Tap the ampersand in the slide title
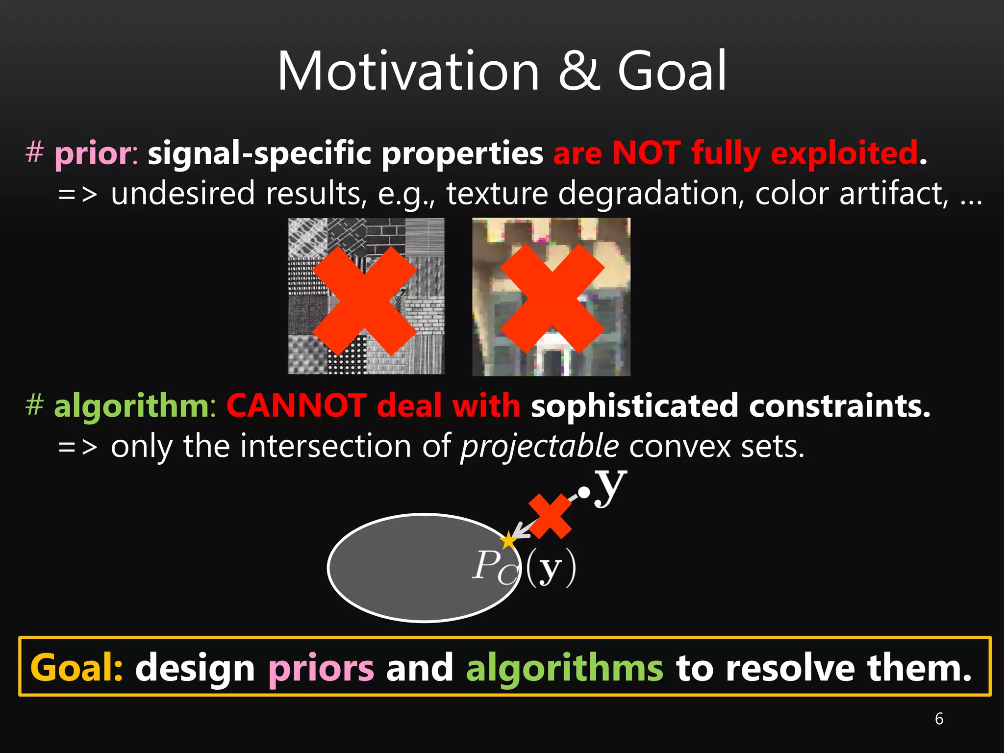point(578,72)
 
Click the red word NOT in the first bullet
point(646,153)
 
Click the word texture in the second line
point(497,194)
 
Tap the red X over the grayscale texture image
point(364,301)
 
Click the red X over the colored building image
point(552,299)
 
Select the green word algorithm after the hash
point(131,407)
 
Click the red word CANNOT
point(296,406)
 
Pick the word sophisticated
point(635,407)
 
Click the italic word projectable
point(540,447)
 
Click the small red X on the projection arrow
point(551,517)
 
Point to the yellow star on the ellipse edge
point(508,541)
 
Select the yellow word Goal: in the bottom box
point(76,668)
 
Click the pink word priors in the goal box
point(321,668)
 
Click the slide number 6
point(939,719)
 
